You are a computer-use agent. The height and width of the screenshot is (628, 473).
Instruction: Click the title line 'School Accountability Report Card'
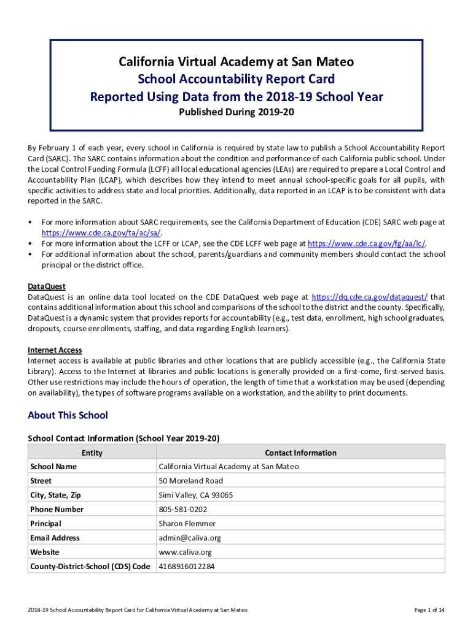point(237,79)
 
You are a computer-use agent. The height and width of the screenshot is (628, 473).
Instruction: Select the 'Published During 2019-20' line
point(237,113)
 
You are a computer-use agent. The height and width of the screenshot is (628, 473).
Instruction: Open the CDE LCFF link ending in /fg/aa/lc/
point(366,243)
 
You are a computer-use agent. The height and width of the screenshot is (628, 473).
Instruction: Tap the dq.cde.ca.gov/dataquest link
point(370,297)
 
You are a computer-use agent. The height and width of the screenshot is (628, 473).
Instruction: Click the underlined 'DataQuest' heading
point(47,286)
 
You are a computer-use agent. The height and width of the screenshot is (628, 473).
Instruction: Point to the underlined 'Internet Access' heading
point(55,350)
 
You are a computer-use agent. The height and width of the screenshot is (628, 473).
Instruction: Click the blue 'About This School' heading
point(68,415)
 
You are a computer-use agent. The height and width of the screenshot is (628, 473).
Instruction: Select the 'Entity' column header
point(92,453)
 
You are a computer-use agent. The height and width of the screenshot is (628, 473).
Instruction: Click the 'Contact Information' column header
point(300,453)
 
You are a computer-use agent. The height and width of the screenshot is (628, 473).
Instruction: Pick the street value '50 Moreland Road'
point(190,481)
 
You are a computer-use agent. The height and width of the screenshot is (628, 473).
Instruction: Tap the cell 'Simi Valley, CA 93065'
point(195,495)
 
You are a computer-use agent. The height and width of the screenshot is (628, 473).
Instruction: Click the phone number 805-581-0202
point(182,509)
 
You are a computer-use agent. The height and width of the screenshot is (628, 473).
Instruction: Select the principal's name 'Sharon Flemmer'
point(187,524)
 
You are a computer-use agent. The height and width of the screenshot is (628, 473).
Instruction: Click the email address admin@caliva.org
point(189,538)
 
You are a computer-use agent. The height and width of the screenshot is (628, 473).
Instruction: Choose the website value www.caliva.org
point(185,552)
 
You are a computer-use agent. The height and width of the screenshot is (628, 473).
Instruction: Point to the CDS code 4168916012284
point(187,566)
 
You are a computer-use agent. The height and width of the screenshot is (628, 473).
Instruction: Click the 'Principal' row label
point(45,524)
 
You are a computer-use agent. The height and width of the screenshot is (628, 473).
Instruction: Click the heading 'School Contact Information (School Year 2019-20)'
point(123,438)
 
